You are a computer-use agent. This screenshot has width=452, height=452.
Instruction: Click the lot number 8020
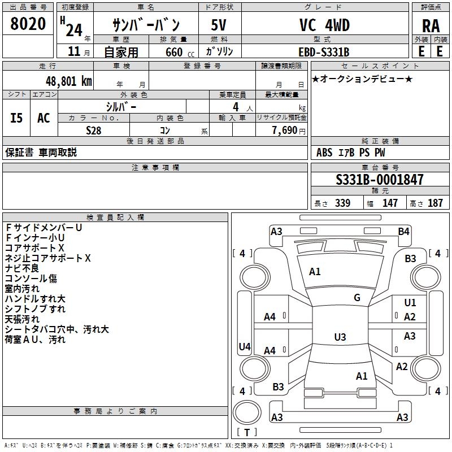[28, 24]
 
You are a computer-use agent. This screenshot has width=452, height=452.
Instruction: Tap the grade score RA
[431, 26]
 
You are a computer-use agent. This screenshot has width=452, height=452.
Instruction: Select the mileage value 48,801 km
[68, 81]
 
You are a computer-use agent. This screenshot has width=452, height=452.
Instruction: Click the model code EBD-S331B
[324, 52]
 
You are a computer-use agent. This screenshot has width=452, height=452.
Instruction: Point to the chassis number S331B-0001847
[380, 180]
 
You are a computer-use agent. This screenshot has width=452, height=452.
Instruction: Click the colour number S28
[94, 131]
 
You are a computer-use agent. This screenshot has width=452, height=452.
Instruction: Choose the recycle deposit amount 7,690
[285, 131]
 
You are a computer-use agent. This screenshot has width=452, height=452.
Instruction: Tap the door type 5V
[219, 25]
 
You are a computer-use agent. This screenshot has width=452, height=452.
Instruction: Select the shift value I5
[16, 118]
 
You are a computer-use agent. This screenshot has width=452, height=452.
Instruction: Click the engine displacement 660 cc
[180, 52]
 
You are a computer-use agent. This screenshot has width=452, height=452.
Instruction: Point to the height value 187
[435, 203]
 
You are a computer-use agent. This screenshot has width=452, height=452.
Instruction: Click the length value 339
[342, 203]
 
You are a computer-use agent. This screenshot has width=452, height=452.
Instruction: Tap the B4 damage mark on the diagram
[403, 232]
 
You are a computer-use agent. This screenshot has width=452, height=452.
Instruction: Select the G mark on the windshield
[357, 297]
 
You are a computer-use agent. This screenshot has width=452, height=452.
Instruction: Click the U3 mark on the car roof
[340, 337]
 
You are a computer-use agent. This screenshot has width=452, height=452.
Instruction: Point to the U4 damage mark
[245, 346]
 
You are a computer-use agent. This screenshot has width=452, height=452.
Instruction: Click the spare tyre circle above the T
[247, 412]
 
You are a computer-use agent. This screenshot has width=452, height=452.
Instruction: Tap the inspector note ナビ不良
[22, 268]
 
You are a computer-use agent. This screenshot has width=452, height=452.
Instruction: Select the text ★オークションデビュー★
[362, 79]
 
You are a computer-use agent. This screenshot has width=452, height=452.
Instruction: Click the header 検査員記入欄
[115, 218]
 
